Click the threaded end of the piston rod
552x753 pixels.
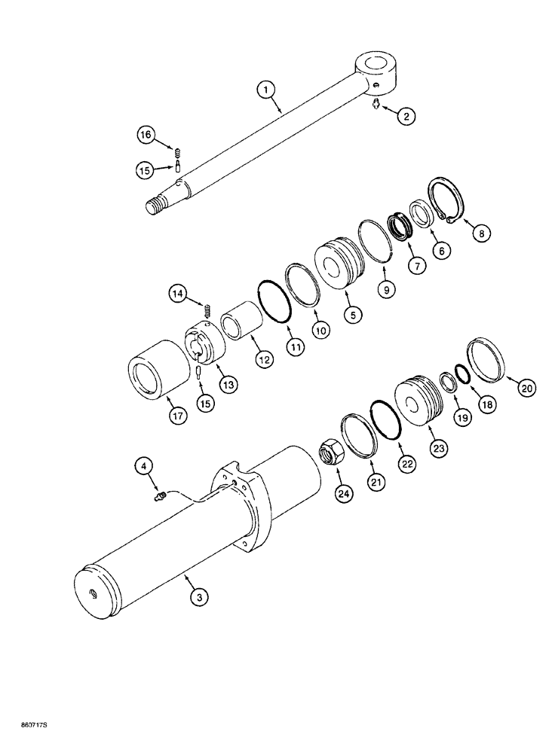[158, 206]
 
